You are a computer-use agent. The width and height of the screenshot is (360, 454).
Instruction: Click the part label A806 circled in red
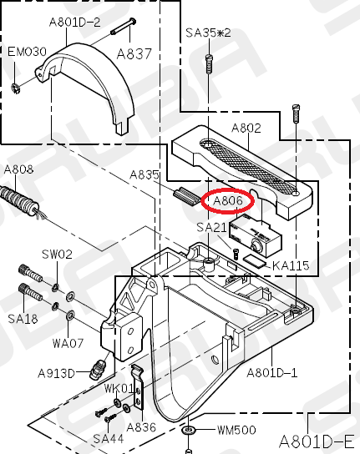click(x=227, y=200)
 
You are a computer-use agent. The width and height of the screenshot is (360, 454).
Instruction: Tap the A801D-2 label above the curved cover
click(x=75, y=22)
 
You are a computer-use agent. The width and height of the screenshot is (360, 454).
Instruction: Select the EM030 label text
click(x=27, y=52)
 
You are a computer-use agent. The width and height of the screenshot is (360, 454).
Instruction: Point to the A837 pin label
click(x=134, y=54)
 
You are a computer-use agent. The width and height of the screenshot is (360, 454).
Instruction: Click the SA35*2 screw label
click(x=208, y=33)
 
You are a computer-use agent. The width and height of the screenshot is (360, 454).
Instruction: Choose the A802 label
click(x=246, y=128)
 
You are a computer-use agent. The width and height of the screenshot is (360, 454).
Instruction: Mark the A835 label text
click(x=145, y=174)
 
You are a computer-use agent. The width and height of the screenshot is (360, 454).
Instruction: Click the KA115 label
click(x=291, y=265)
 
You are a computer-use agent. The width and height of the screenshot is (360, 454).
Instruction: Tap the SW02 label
click(x=57, y=255)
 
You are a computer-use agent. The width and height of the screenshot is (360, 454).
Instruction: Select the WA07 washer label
click(x=68, y=343)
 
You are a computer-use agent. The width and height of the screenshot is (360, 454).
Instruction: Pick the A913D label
click(x=56, y=374)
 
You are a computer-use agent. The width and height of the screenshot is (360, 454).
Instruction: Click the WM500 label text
click(x=236, y=430)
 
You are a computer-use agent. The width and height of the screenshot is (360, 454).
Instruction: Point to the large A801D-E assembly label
click(x=317, y=441)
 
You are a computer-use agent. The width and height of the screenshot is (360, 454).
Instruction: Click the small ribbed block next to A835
click(x=187, y=196)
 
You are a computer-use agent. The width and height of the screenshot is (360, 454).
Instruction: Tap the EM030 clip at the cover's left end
click(x=16, y=88)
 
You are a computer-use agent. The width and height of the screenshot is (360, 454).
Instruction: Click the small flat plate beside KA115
click(x=254, y=260)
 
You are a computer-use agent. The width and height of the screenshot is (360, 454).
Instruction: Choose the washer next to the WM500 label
click(x=189, y=430)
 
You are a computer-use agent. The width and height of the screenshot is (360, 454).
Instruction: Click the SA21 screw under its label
click(x=236, y=254)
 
